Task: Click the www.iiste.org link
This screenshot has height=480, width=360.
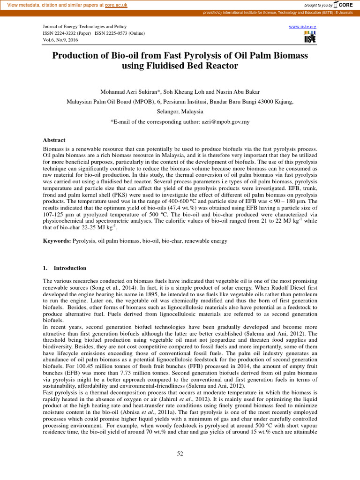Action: coord(303,27)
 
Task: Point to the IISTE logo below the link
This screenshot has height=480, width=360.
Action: coord(310,37)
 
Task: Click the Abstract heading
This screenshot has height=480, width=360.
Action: coord(54,140)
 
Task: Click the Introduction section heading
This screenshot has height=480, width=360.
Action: coord(70,268)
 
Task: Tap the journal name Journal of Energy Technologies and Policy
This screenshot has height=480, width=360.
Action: coord(85,27)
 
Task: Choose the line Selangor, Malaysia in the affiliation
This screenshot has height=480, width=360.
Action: coord(180,112)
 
